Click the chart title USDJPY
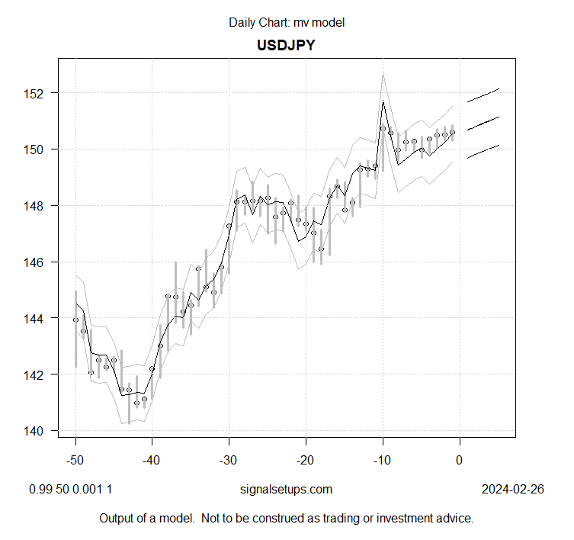pos(287,45)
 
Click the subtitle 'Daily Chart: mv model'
pos(287,22)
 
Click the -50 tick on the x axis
pos(75,461)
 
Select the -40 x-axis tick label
pos(152,461)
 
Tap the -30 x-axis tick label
pos(229,461)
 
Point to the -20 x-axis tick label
pos(306,461)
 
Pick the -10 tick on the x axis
pos(382,461)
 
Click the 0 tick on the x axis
pos(459,461)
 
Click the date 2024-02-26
pos(513,490)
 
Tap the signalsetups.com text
pos(287,490)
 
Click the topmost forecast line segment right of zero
pos(483,95)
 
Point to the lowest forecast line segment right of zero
pos(483,151)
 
